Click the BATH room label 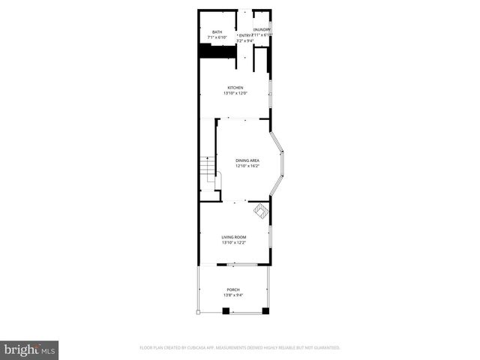(217, 32)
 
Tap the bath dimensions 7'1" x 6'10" (217, 37)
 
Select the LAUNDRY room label (262, 29)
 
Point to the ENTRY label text (244, 34)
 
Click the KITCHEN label (235, 88)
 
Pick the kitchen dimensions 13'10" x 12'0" (235, 94)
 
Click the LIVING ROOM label (234, 237)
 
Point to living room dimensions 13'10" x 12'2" (234, 243)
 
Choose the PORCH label (234, 289)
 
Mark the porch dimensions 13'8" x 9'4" (234, 295)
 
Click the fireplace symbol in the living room (259, 211)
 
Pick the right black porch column (266, 310)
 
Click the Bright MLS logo (30, 349)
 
